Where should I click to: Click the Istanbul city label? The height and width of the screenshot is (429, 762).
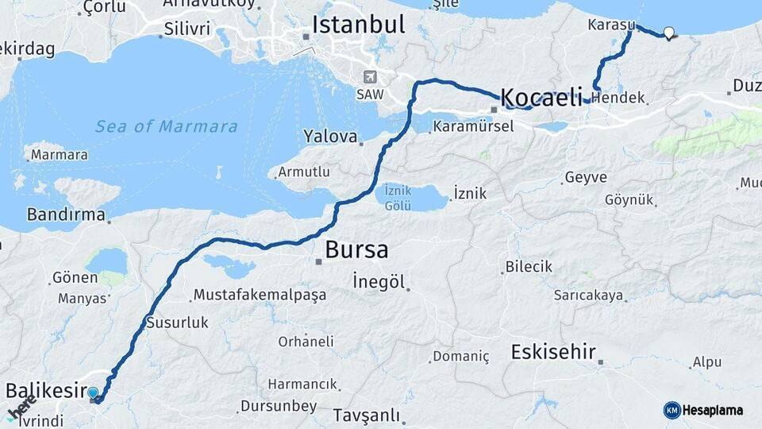point(358,24)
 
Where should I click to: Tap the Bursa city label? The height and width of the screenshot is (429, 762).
point(356,250)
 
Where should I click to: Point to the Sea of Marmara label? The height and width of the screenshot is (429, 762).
point(166,126)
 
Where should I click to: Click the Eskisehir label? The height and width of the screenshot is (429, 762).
point(553,352)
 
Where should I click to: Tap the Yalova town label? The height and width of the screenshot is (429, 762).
point(329,137)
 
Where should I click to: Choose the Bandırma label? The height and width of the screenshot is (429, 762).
point(66,214)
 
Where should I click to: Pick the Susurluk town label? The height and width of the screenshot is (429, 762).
point(177,323)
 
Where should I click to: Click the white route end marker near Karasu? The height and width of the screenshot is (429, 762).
point(668,33)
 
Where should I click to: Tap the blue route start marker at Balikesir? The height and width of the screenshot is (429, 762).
point(94,393)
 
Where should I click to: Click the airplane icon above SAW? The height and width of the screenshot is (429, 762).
point(369,77)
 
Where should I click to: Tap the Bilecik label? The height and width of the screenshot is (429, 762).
point(529,267)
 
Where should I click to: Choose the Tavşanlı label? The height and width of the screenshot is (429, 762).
point(366,415)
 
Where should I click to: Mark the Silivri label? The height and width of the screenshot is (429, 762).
point(187,29)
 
